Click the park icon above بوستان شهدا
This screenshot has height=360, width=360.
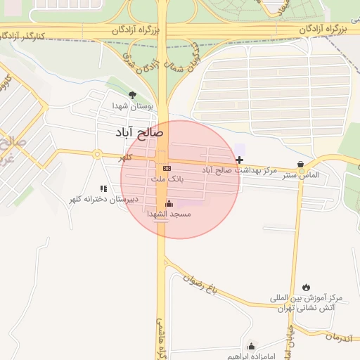[x=131, y=95]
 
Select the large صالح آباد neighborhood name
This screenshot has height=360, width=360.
[x=140, y=131]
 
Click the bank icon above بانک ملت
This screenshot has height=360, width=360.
[x=167, y=169]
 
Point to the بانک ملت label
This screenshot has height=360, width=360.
[x=167, y=179]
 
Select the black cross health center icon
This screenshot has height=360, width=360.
[x=240, y=160]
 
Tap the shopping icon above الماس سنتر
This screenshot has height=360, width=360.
[x=301, y=165]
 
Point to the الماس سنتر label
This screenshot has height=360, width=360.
[x=303, y=174]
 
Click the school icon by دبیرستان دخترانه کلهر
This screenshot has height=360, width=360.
[x=104, y=188]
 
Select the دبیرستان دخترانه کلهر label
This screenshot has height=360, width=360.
[x=103, y=199]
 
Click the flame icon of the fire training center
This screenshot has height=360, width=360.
[x=306, y=287]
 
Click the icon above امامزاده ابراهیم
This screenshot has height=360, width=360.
[x=251, y=346]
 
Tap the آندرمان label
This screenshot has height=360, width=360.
[x=340, y=338]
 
